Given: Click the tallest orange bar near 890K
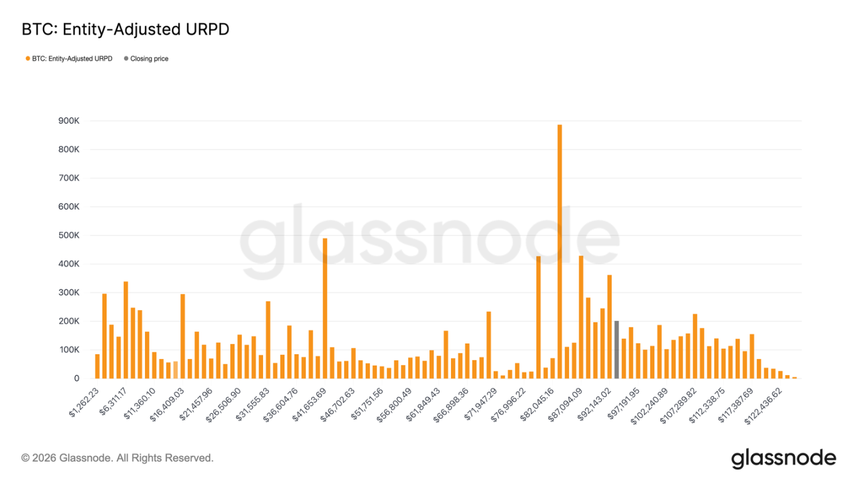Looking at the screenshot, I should click(x=560, y=250).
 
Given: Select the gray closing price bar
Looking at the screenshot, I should click(x=616, y=349).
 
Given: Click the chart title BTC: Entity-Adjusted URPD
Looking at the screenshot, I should click(x=125, y=30).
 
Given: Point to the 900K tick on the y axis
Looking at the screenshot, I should click(x=67, y=121).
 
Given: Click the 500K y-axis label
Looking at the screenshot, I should click(x=67, y=236).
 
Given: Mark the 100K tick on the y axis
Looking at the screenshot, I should click(x=67, y=350).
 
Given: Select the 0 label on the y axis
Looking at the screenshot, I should click(x=76, y=379).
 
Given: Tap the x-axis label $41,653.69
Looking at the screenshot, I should click(x=310, y=404).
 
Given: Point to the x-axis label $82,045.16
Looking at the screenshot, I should click(x=537, y=404).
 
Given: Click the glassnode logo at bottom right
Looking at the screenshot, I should click(x=783, y=458).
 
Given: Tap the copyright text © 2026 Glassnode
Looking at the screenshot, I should click(x=117, y=458).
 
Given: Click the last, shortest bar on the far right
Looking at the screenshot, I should click(x=794, y=377).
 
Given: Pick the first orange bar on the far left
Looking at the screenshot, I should click(x=97, y=366).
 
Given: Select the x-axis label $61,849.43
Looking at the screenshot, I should click(x=423, y=404).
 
